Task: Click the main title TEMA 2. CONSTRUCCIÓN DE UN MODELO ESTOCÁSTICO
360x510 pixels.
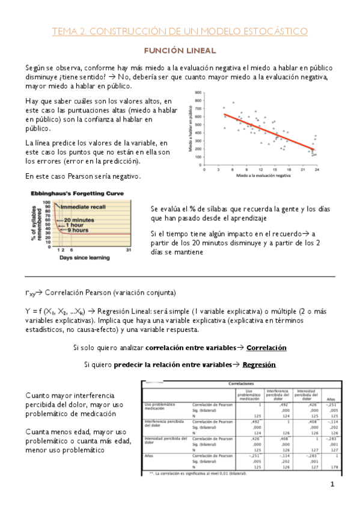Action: click(x=180, y=31)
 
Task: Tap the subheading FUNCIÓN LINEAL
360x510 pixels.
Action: click(x=180, y=51)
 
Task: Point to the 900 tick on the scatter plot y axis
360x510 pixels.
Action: click(x=199, y=93)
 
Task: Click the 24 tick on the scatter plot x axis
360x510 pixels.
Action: click(x=316, y=170)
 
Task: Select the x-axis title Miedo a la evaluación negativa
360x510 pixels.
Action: click(x=264, y=177)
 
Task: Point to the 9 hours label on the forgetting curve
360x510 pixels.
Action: click(x=79, y=230)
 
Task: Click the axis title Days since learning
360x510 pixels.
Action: click(x=84, y=258)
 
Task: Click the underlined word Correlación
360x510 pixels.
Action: click(x=266, y=348)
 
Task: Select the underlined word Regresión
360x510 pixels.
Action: click(x=259, y=364)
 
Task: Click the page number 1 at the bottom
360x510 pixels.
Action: click(x=331, y=485)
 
